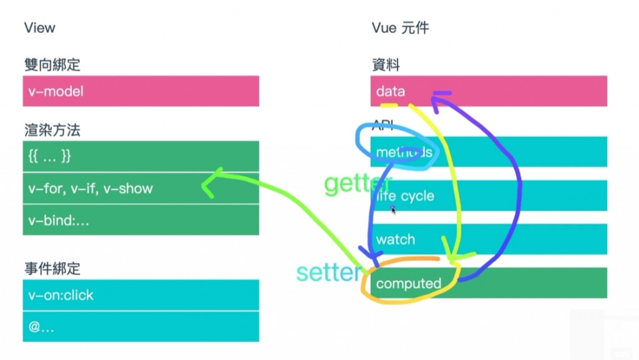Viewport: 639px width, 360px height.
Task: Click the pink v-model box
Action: (140, 91)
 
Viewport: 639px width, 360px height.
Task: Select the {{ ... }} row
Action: (140, 156)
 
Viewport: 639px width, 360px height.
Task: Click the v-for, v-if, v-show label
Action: (90, 188)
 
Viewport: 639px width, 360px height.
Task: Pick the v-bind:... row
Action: (140, 220)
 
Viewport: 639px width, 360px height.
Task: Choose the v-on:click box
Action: (140, 295)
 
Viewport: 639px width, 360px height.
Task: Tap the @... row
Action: (140, 326)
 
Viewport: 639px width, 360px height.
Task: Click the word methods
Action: (404, 152)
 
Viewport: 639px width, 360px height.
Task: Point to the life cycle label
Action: (405, 196)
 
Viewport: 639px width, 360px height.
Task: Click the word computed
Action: (409, 284)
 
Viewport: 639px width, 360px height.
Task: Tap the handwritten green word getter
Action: (357, 183)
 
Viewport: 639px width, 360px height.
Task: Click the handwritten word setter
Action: (328, 273)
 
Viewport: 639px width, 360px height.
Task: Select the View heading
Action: (39, 28)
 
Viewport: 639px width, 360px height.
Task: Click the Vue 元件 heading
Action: (400, 28)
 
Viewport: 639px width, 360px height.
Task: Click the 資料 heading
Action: (386, 64)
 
